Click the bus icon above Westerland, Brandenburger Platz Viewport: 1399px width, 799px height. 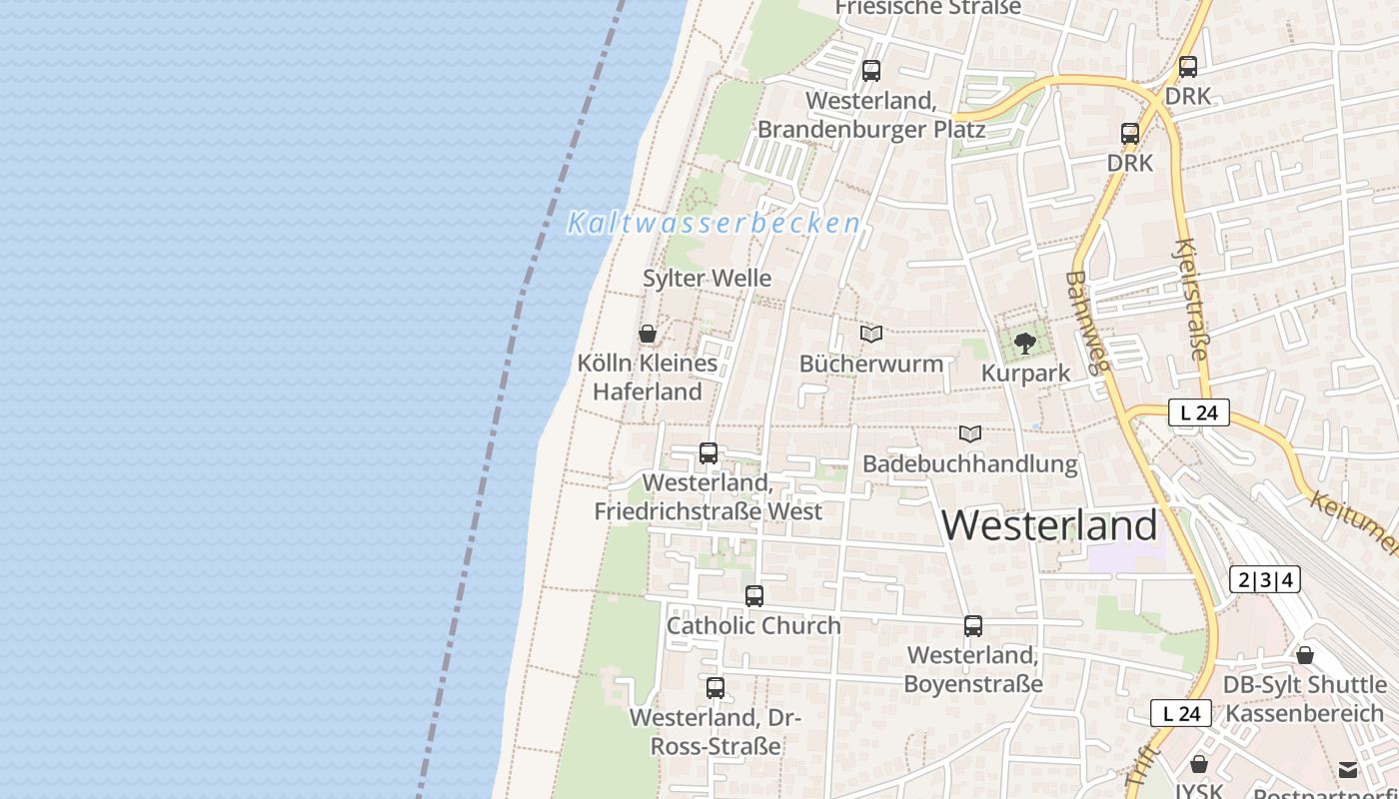click(871, 71)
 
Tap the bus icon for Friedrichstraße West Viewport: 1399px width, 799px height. click(708, 453)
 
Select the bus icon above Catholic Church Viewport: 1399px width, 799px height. click(754, 596)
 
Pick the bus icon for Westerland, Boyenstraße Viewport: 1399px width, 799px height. click(973, 626)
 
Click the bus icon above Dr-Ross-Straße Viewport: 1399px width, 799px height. click(715, 688)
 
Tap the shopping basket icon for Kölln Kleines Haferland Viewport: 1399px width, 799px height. click(648, 334)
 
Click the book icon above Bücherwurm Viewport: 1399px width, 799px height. click(871, 334)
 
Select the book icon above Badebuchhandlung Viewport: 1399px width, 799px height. click(970, 433)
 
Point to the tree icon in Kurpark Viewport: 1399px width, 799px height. click(1025, 344)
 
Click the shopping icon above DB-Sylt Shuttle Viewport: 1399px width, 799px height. click(1305, 655)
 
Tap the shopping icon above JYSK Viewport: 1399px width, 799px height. click(1199, 764)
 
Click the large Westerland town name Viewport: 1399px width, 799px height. click(1049, 525)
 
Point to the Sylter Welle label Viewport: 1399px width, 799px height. click(707, 279)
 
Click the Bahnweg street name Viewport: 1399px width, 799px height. click(1087, 322)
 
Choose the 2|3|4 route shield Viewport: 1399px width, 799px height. click(1264, 579)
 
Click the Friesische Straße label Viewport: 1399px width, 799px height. click(928, 8)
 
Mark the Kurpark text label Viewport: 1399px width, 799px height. click(1026, 374)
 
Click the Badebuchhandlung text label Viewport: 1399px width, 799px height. click(970, 463)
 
